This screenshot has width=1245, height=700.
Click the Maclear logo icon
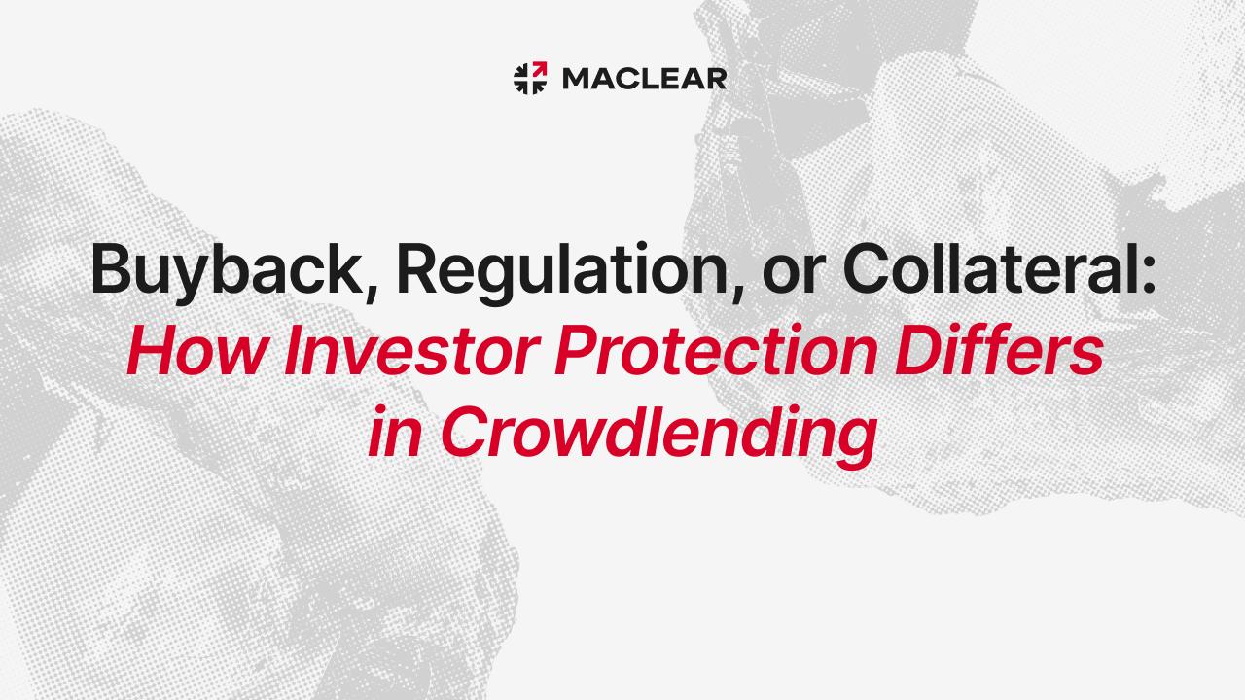click(x=530, y=79)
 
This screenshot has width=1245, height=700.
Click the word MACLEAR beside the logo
click(x=645, y=79)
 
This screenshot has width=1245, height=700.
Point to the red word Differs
click(x=999, y=349)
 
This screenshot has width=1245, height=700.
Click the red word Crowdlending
click(x=659, y=437)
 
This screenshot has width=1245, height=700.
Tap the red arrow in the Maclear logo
click(x=540, y=69)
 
